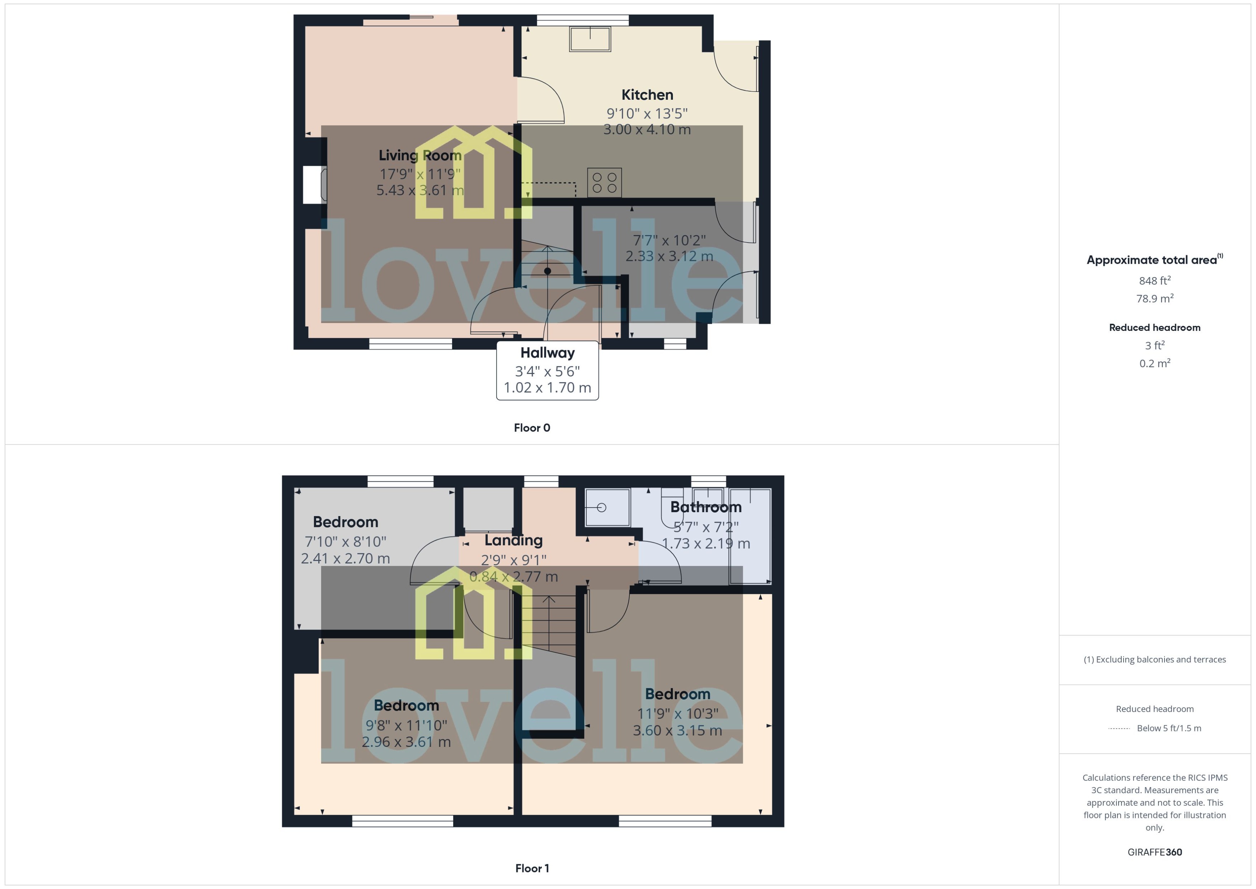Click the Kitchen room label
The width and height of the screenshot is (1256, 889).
coord(647,95)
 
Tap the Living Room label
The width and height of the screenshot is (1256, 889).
coord(420,155)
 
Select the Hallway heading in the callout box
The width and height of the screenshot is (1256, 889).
coord(547,352)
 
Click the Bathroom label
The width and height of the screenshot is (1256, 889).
coord(706,507)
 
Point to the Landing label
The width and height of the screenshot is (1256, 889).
coord(514,540)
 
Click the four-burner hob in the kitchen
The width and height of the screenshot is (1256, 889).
coord(604,183)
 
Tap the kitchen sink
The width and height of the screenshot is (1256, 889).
coord(590,39)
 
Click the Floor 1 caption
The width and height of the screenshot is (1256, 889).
coord(532,868)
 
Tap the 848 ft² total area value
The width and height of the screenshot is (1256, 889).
coord(1155,281)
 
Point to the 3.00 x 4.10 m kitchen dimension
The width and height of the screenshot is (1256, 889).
coord(647,130)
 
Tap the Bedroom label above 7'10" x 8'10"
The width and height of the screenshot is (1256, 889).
coord(345,522)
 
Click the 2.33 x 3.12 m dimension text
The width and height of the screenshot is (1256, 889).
coord(669,256)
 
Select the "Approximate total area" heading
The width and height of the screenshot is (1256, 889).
coord(1152,260)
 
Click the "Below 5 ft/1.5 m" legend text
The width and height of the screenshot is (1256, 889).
coord(1169,728)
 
